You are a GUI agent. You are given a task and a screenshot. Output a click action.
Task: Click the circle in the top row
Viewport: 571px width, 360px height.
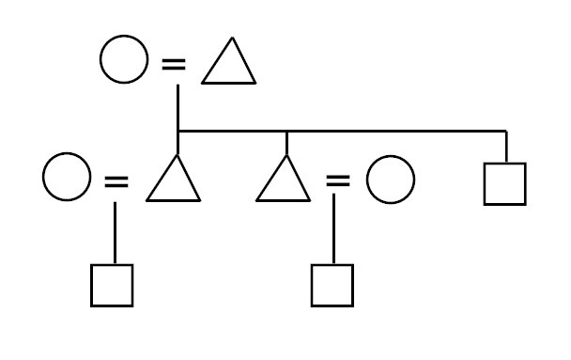(124, 63)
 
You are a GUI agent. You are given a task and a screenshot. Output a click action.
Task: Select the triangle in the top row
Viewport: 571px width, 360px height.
(228, 67)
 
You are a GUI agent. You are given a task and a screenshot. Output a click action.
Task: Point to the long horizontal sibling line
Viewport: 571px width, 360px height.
(376, 131)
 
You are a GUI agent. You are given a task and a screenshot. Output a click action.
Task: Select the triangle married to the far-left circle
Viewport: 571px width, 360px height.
(174, 182)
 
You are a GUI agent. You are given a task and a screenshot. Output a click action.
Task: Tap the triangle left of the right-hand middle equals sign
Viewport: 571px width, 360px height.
(285, 182)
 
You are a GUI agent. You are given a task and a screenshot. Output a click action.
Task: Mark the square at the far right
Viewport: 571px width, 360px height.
(505, 183)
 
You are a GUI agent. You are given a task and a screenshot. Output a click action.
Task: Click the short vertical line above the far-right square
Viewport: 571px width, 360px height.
(506, 147)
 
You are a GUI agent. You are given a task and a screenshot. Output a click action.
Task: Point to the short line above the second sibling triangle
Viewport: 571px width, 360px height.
(285, 143)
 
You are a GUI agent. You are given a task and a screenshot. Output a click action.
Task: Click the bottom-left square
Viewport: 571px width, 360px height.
(112, 286)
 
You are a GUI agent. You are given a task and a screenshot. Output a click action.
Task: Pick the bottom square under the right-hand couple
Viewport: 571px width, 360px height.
(332, 286)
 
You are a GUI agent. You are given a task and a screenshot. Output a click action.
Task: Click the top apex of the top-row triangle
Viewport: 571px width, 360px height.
(229, 43)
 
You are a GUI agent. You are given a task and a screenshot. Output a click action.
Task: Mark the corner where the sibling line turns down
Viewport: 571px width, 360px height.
(506, 131)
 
